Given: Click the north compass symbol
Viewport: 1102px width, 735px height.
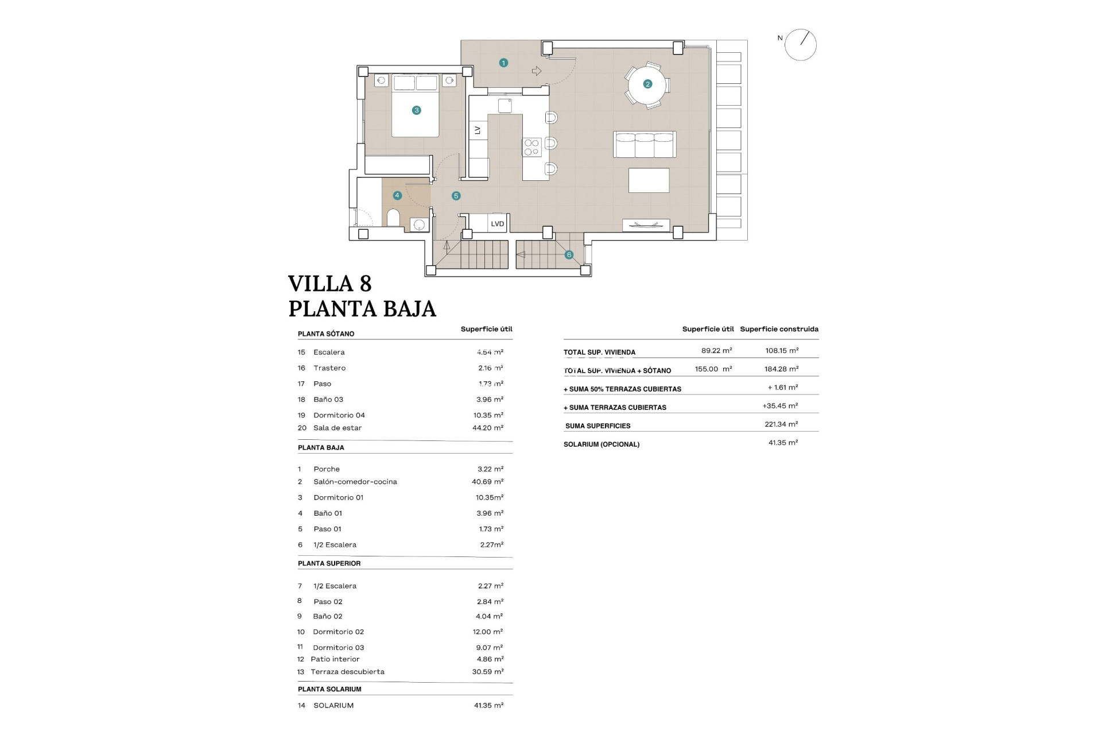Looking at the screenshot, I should (x=800, y=45).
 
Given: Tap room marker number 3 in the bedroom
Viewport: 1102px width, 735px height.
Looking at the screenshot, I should (x=417, y=110).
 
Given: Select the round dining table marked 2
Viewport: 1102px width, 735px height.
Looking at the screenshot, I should (x=647, y=84).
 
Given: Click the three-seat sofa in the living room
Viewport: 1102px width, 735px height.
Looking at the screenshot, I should (x=645, y=144).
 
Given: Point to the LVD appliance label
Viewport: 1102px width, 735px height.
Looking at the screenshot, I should (x=497, y=224).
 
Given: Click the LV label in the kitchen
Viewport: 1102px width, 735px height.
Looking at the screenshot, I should (x=478, y=130).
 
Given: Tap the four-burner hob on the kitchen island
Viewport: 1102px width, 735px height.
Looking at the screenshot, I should (x=531, y=148).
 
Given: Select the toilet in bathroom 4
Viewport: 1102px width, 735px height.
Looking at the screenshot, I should (x=393, y=218).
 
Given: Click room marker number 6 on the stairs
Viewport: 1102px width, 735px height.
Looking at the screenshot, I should (x=569, y=254).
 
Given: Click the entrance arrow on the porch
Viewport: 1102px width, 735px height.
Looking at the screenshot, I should (x=537, y=71).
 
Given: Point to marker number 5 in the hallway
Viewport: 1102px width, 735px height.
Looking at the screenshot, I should (x=456, y=196).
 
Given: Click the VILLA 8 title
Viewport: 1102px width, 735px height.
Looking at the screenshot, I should (x=330, y=284).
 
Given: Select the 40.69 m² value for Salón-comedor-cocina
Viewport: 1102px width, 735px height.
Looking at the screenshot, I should (x=487, y=482).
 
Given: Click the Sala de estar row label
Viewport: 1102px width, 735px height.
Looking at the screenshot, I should (x=337, y=428).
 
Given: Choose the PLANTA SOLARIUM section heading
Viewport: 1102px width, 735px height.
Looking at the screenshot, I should (x=329, y=689).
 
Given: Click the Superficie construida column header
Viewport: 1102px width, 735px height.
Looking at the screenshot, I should (x=779, y=329).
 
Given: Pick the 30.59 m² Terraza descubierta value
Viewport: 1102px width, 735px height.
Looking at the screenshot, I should (x=488, y=672).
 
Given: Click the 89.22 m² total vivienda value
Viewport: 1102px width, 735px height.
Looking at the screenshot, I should (x=716, y=350).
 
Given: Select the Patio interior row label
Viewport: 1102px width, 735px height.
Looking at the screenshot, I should (x=335, y=659).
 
